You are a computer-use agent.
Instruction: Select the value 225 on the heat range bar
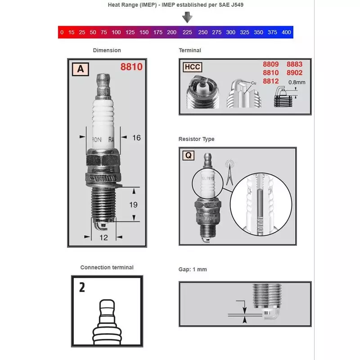coord(187,32)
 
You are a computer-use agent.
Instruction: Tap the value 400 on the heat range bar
coord(286,32)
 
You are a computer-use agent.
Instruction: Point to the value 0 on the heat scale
coord(62,32)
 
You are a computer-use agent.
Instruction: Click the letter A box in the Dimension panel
coord(81,69)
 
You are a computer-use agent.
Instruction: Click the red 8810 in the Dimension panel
coord(131,67)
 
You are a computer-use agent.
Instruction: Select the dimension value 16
coord(136,138)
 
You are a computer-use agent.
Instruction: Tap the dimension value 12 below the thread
coord(104,238)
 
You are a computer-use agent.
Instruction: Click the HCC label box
coord(192,67)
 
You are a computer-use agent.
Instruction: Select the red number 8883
coord(294,64)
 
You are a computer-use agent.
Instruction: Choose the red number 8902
coord(294,72)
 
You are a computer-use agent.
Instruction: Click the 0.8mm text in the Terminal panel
coord(297,82)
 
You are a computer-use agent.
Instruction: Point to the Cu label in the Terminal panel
coord(253,83)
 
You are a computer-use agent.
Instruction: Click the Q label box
coord(189,156)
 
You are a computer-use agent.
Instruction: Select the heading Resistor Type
coord(196,139)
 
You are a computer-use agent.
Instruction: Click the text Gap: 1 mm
coord(193,270)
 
